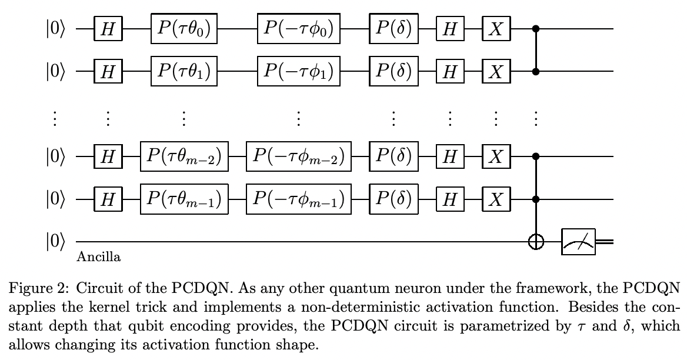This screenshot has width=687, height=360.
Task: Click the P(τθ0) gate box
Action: [184, 28]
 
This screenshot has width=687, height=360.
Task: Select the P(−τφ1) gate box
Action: [298, 71]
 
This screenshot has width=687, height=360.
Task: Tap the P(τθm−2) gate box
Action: [184, 156]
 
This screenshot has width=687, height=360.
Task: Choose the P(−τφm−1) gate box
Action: [298, 200]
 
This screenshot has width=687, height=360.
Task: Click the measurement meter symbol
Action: [579, 242]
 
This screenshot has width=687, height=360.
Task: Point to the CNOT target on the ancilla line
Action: [535, 242]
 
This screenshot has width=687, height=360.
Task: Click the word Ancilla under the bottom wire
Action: [99, 257]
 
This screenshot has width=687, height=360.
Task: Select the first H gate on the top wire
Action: [108, 29]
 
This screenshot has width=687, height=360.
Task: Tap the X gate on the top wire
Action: [496, 29]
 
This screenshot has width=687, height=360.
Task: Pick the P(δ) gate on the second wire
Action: [393, 71]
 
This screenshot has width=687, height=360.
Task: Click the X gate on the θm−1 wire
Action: [496, 200]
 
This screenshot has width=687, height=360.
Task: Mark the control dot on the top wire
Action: [535, 28]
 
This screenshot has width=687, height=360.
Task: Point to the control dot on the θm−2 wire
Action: [535, 156]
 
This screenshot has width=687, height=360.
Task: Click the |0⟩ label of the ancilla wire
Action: [57, 242]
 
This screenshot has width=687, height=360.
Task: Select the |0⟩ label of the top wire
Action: [57, 29]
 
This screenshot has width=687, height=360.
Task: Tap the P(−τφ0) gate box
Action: [298, 28]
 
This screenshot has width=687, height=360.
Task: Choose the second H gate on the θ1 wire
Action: [450, 71]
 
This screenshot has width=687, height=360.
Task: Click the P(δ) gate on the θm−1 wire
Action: [393, 200]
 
